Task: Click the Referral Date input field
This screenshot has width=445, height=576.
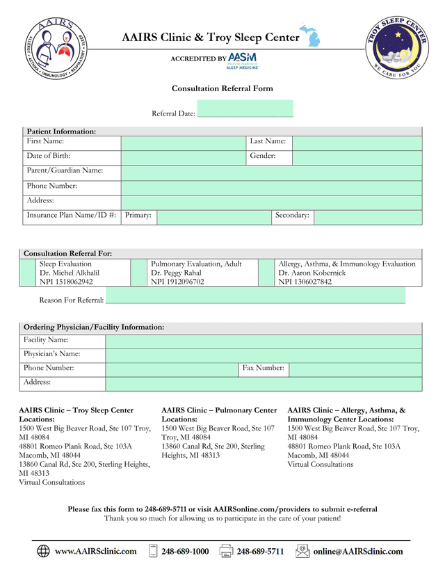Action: [245, 110]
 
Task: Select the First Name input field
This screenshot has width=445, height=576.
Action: [184, 143]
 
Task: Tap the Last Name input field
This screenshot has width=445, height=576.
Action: [357, 143]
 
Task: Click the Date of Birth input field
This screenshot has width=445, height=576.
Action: [184, 158]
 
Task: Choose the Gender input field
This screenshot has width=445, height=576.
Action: [357, 158]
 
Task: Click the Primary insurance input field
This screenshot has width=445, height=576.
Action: [213, 217]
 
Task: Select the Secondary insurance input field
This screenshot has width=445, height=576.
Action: [367, 217]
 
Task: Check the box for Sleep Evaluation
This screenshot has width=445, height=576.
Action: [28, 273]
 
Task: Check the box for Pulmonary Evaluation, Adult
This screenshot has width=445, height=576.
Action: [139, 273]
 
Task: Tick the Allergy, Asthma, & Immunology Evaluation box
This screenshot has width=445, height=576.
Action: [266, 273]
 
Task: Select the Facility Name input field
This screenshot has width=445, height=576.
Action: [264, 342]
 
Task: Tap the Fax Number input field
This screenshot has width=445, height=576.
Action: [355, 369]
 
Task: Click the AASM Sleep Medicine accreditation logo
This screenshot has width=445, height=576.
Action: [243, 60]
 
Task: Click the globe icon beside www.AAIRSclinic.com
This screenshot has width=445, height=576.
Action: [43, 552]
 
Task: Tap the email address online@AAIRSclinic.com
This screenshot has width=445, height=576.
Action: [357, 552]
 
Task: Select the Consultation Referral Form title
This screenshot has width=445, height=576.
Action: [222, 88]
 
